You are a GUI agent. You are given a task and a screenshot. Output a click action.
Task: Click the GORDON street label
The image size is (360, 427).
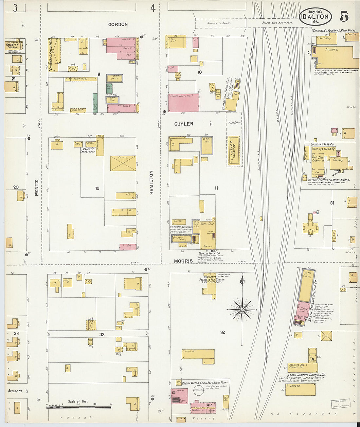(x=118, y=25)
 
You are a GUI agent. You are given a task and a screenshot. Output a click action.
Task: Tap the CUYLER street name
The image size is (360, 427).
(x=184, y=124)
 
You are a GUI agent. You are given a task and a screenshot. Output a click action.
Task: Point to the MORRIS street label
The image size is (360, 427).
(x=183, y=261)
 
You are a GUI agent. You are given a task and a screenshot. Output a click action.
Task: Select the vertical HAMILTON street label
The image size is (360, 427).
(x=152, y=183)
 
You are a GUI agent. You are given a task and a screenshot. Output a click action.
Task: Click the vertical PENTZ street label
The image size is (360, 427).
(x=37, y=188)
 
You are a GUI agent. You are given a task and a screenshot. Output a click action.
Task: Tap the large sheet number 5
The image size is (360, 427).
(x=344, y=16)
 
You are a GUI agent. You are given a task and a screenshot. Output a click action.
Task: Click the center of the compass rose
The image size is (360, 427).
(x=242, y=309)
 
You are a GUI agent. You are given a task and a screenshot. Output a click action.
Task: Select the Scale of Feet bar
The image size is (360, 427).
(x=78, y=407)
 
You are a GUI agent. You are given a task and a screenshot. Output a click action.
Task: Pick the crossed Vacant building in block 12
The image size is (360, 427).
(x=123, y=163)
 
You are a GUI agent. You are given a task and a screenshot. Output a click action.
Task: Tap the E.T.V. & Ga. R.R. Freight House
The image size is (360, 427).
(x=234, y=151)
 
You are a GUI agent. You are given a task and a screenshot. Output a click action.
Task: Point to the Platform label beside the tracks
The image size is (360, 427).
(x=234, y=123)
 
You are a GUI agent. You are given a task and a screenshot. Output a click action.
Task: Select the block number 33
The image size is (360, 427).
(x=102, y=334)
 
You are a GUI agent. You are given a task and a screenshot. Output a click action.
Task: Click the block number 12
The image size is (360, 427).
(x=97, y=188)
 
